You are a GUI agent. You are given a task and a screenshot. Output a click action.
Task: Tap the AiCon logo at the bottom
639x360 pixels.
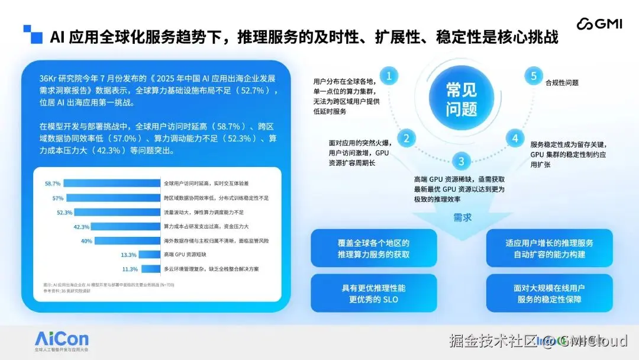pyautogui.click(x=62, y=340)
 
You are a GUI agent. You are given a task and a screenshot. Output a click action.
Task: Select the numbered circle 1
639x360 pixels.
pyautogui.click(x=389, y=76)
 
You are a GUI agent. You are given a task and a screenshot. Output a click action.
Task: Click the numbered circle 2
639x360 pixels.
pyautogui.click(x=406, y=139)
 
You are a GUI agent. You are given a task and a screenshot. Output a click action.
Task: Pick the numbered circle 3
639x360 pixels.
pyautogui.click(x=461, y=161)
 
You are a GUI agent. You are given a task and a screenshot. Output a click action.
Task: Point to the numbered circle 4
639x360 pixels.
pyautogui.click(x=515, y=139)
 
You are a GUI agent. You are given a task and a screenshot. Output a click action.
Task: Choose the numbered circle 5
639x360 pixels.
pyautogui.click(x=534, y=76)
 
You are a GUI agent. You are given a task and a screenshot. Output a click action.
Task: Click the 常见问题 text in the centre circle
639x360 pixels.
pyautogui.click(x=461, y=99)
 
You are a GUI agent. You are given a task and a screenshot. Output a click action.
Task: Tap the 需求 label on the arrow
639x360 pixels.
pyautogui.click(x=463, y=217)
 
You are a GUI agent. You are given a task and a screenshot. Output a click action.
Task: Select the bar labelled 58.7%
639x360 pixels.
pyautogui.click(x=112, y=184)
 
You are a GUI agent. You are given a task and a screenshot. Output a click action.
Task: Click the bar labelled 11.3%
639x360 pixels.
pyautogui.click(x=150, y=269)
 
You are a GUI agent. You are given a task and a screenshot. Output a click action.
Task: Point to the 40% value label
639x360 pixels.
pyautogui.click(x=86, y=241)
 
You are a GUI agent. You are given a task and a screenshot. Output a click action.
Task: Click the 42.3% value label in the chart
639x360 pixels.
pyautogui.click(x=81, y=227)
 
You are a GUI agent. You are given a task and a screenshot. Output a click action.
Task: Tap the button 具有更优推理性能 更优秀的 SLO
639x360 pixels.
pyautogui.click(x=373, y=294)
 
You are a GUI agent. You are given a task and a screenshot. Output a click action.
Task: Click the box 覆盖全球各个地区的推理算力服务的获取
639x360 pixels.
pyautogui.click(x=373, y=249)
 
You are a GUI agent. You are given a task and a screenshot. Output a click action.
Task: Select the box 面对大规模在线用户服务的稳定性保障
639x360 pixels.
pyautogui.click(x=549, y=294)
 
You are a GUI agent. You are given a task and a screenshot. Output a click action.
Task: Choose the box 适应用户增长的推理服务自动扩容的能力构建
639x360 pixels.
pyautogui.click(x=549, y=249)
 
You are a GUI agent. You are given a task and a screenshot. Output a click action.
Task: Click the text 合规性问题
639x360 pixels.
pyautogui.click(x=562, y=83)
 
